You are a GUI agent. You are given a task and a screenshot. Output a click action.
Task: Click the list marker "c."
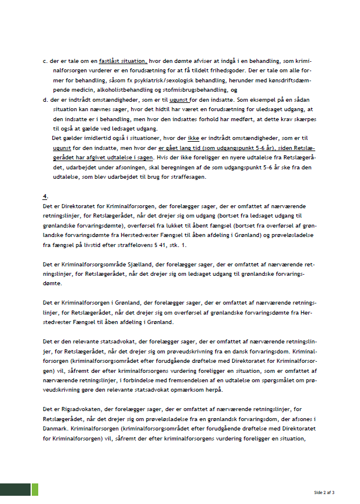click(45, 61)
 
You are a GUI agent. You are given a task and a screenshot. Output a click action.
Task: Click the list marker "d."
click(45, 99)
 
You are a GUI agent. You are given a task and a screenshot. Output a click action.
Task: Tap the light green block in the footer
click(35, 489)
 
